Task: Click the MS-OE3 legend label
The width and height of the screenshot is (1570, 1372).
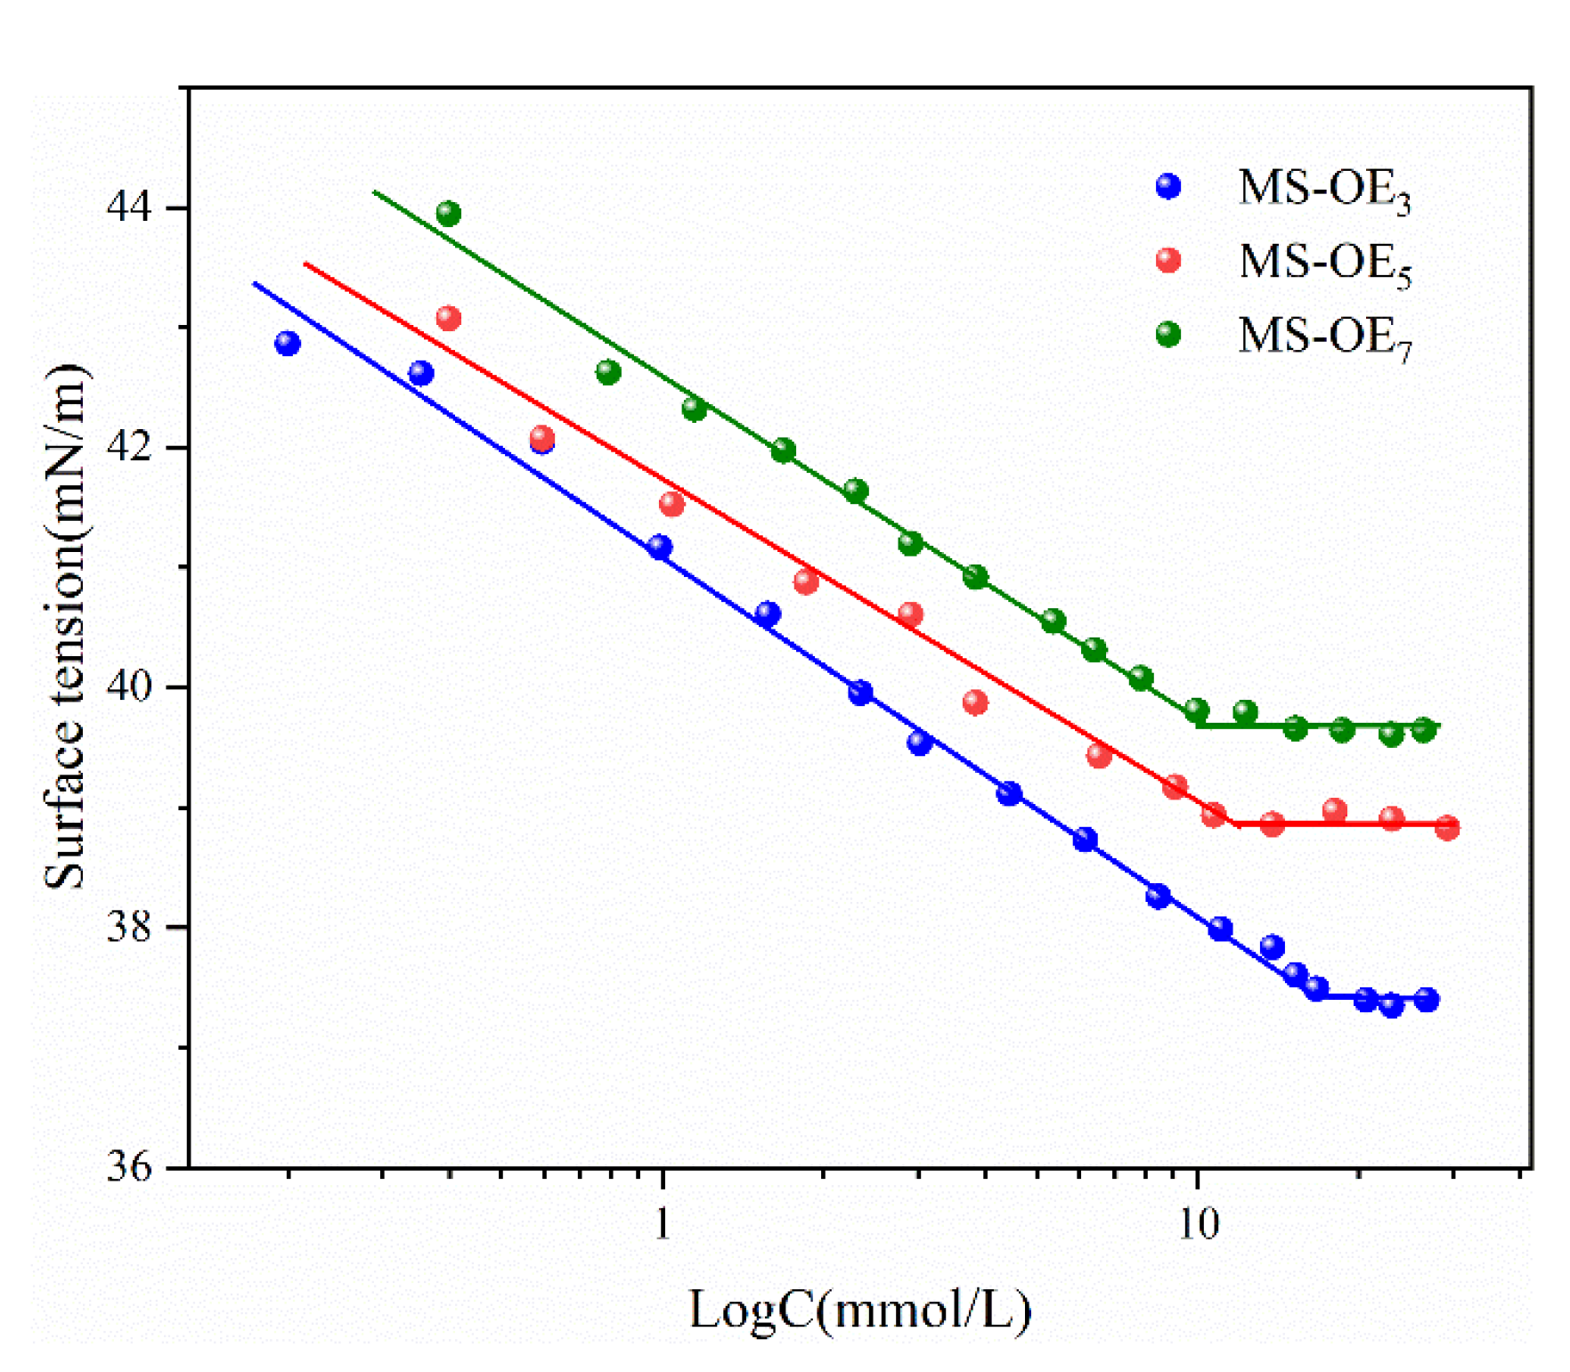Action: click(1323, 190)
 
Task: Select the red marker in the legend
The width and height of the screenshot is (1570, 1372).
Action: click(1167, 261)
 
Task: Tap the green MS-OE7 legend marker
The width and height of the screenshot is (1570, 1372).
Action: click(1167, 335)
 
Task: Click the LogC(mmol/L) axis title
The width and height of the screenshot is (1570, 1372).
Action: click(859, 1310)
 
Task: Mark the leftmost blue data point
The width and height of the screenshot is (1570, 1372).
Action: click(287, 344)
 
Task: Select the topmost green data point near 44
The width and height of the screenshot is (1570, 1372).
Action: click(449, 214)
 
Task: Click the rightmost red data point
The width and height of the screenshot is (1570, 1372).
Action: click(1447, 828)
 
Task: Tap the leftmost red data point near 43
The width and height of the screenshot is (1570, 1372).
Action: click(449, 318)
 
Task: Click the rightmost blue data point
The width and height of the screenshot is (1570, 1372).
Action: click(1427, 1000)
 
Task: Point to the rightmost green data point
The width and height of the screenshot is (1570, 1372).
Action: click(1424, 730)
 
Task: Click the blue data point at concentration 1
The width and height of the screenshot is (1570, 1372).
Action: click(660, 548)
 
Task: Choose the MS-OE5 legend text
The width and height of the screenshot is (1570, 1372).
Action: click(1323, 264)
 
